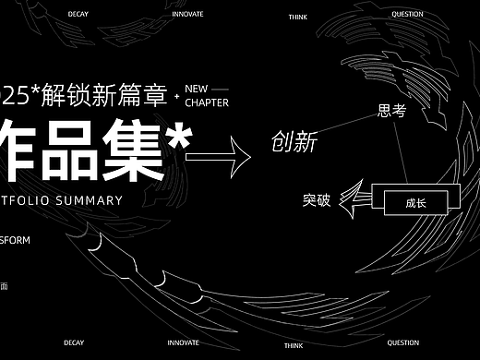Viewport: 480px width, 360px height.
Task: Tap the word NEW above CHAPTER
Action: pyautogui.click(x=197, y=89)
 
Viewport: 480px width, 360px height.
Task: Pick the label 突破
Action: pyautogui.click(x=318, y=198)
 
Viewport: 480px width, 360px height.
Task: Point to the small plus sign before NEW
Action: pyautogui.click(x=176, y=95)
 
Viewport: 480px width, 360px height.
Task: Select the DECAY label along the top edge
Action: pyautogui.click(x=78, y=14)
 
